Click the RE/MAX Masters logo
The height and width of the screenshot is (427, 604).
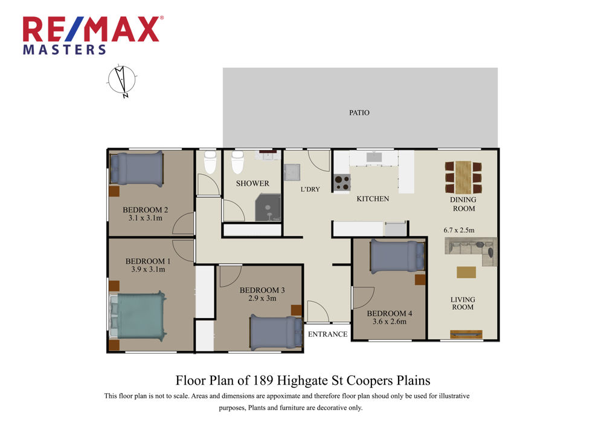click(x=93, y=36)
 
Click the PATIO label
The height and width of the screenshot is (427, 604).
click(x=359, y=112)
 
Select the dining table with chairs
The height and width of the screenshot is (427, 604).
click(x=463, y=177)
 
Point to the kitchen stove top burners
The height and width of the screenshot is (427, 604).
click(x=342, y=183)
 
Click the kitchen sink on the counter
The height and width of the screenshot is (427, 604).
click(x=374, y=157)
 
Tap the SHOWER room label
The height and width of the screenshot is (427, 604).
click(x=252, y=184)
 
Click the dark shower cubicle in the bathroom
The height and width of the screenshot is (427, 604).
click(x=268, y=207)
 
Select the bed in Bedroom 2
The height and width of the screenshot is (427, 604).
click(x=137, y=169)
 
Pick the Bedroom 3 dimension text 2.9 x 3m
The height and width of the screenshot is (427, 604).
click(x=262, y=298)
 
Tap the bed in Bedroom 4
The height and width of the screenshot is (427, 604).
click(x=397, y=256)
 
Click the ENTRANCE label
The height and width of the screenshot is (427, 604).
click(x=328, y=334)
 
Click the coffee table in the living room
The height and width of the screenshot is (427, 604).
click(x=466, y=272)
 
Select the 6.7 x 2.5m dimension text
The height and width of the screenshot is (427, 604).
click(x=459, y=230)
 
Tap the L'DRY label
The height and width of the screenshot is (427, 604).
click(x=310, y=189)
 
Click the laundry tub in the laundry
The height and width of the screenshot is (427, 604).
click(x=292, y=172)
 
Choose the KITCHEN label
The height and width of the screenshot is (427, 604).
click(x=373, y=199)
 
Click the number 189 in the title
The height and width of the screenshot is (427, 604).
click(x=263, y=380)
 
